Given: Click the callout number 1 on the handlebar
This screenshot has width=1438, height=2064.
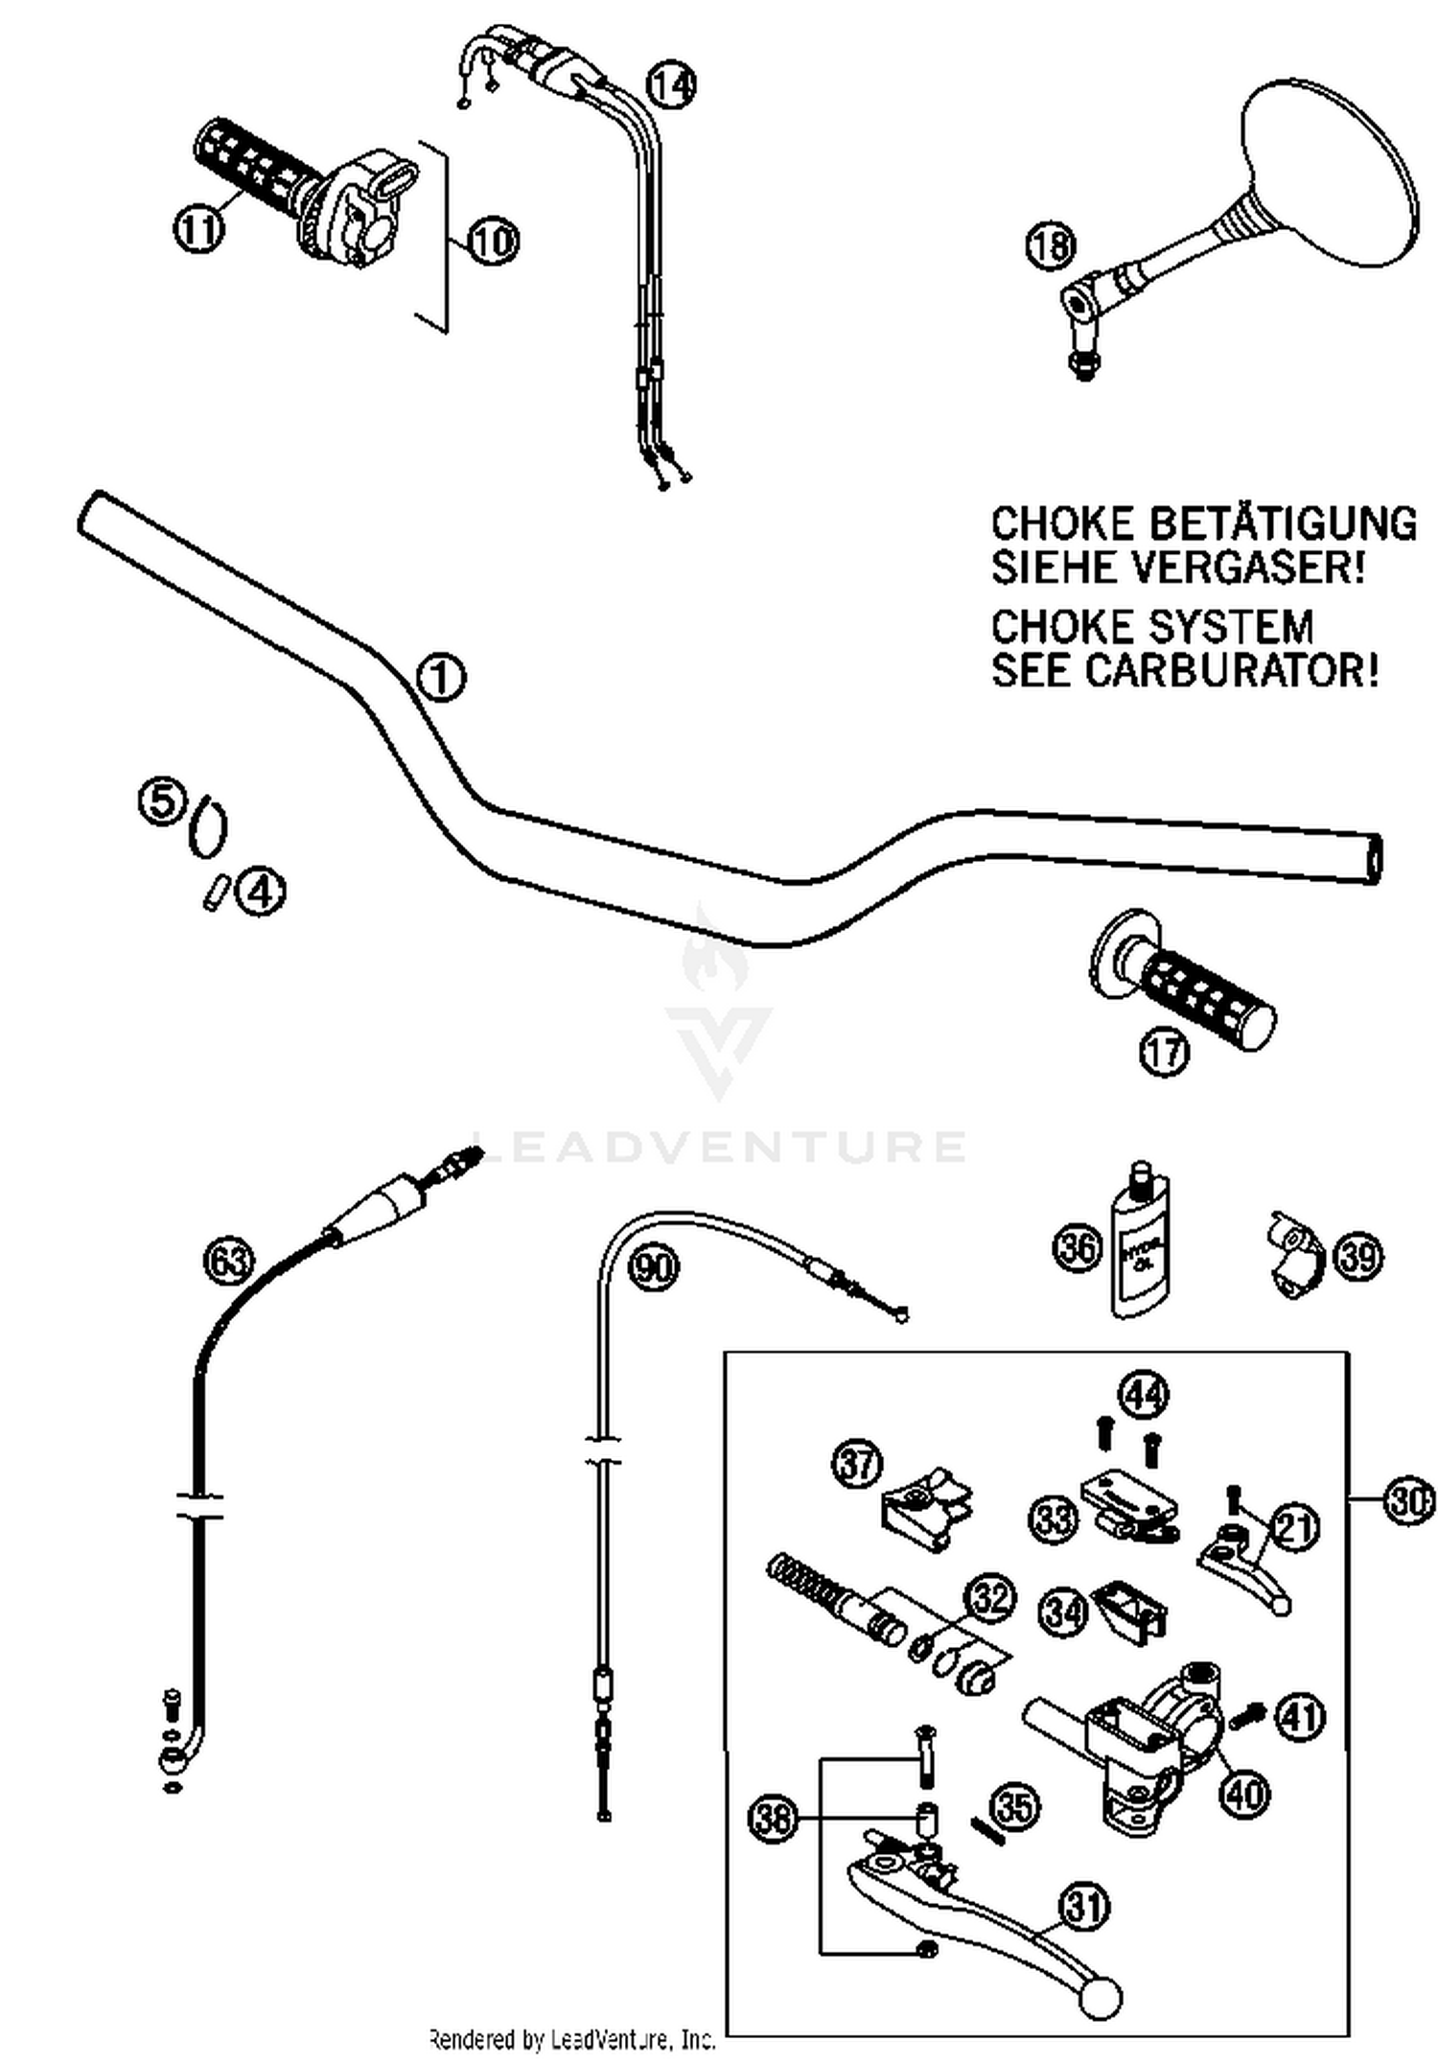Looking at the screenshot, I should pos(442,678).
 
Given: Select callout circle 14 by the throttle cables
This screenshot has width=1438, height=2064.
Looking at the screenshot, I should pos(671,85).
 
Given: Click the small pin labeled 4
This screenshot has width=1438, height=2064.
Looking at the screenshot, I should pos(214,893).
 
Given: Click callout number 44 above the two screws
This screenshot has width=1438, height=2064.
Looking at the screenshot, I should pos(1145,1395).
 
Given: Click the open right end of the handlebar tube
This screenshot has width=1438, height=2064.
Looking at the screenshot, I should pos(1375,856).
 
